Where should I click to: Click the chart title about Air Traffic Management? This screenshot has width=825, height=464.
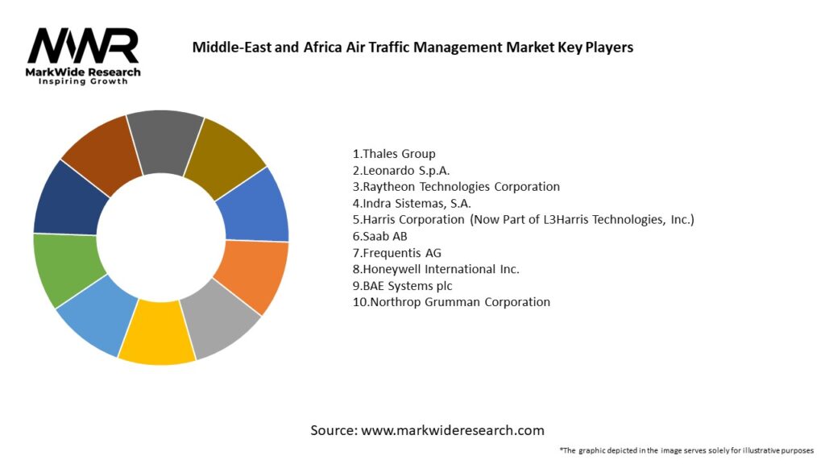[x=412, y=48]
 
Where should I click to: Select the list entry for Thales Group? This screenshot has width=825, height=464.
[x=394, y=153]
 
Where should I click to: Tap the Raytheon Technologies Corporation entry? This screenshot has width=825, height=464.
[x=456, y=186]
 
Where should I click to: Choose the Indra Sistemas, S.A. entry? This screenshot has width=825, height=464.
[x=412, y=203]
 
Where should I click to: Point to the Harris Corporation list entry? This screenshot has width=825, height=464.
[x=523, y=219]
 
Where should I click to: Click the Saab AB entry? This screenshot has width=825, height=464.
[x=380, y=236]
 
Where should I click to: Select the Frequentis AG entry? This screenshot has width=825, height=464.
[x=397, y=253]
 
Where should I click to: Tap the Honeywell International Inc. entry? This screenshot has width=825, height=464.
[x=436, y=269]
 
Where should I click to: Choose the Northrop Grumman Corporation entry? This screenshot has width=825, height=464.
[x=451, y=302]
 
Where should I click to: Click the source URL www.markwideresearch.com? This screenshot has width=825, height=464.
[x=427, y=430]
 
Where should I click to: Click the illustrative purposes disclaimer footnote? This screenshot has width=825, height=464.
[x=686, y=450]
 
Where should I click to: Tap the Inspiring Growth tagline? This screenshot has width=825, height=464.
[x=83, y=82]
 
